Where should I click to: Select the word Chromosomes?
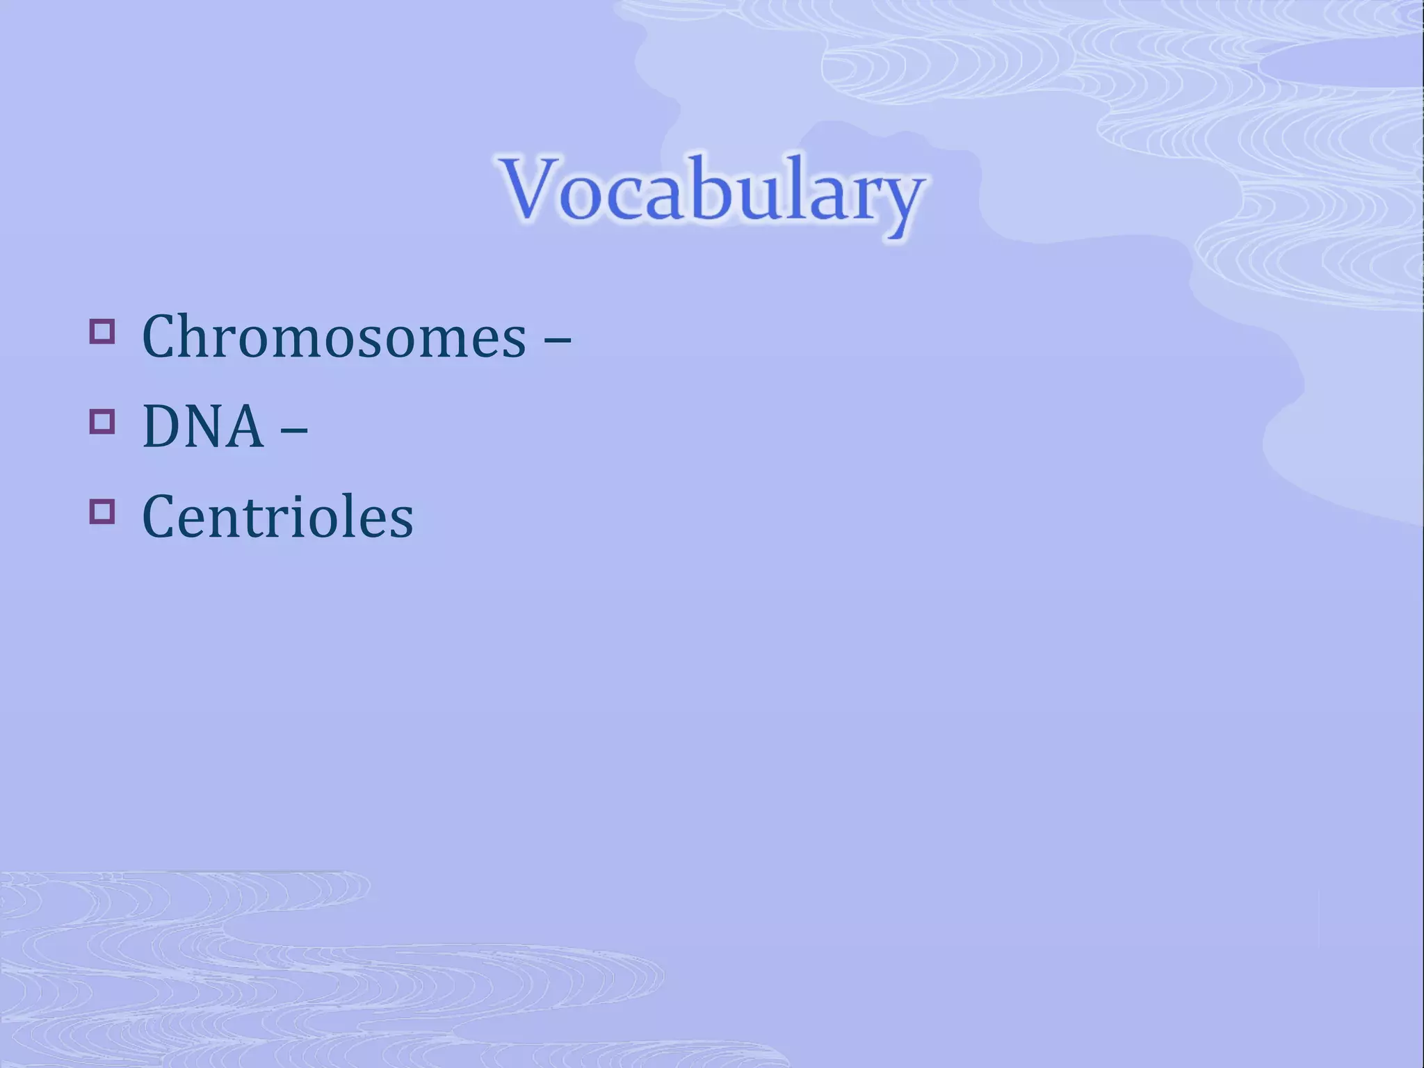point(334,337)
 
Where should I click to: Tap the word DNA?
point(202,427)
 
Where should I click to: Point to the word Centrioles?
point(277,517)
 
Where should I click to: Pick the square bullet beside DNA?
point(102,421)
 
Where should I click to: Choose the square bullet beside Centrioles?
point(102,511)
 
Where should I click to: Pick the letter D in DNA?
point(164,427)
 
